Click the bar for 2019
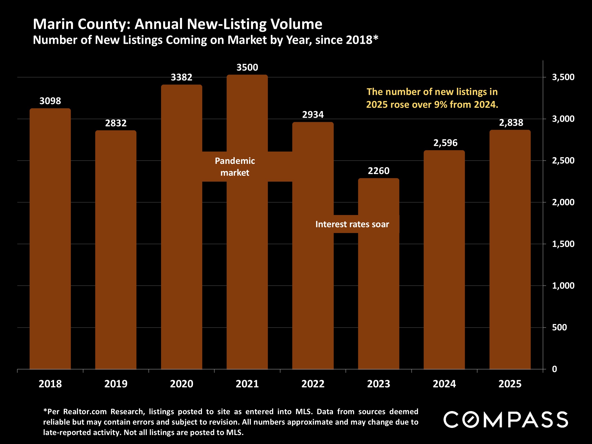pyautogui.click(x=116, y=249)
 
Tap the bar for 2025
pyautogui.click(x=510, y=249)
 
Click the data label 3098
pyautogui.click(x=50, y=101)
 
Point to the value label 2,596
pyautogui.click(x=445, y=143)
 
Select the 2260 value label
pyautogui.click(x=378, y=171)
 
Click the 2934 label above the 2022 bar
pyautogui.click(x=313, y=115)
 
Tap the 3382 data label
pyautogui.click(x=181, y=77)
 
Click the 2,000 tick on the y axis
pyautogui.click(x=563, y=202)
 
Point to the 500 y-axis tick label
pyautogui.click(x=559, y=327)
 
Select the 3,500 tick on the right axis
pyautogui.click(x=563, y=77)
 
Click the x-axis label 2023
pyautogui.click(x=378, y=384)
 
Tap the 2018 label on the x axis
pyautogui.click(x=50, y=384)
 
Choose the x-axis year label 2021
pyautogui.click(x=247, y=384)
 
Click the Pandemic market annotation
pyautogui.click(x=235, y=166)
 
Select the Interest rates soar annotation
pyautogui.click(x=352, y=224)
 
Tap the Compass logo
pyautogui.click(x=505, y=419)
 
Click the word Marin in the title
pyautogui.click(x=53, y=24)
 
